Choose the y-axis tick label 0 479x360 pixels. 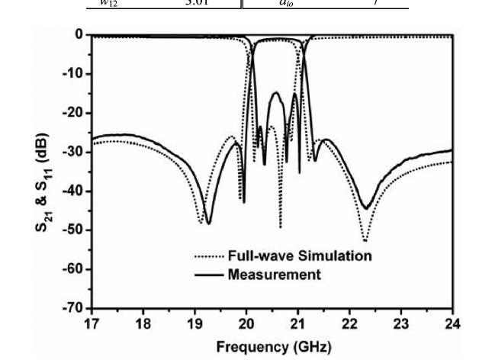point(79,35)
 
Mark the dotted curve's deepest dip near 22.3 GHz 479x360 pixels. point(365,240)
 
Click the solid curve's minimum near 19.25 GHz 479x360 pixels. point(208,223)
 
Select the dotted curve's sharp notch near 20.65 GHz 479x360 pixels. point(280,227)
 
